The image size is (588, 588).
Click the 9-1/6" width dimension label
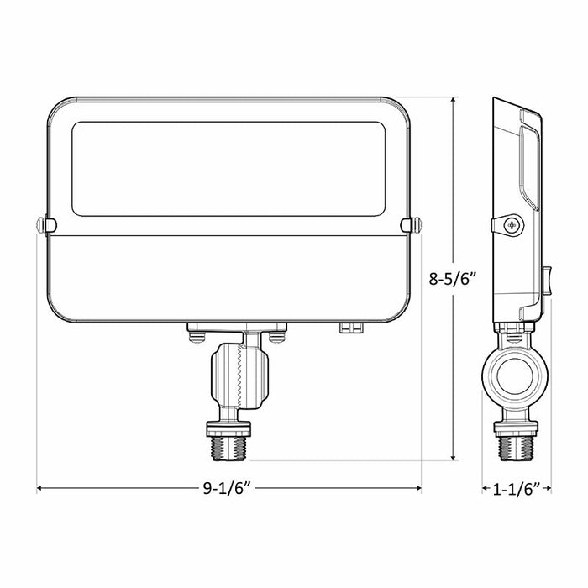click(226, 488)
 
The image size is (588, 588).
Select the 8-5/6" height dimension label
click(452, 279)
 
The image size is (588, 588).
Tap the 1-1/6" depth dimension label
click(517, 490)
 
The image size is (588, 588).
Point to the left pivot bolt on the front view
click(46, 225)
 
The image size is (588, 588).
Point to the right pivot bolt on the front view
click(412, 225)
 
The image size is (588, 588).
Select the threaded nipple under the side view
click(516, 448)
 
